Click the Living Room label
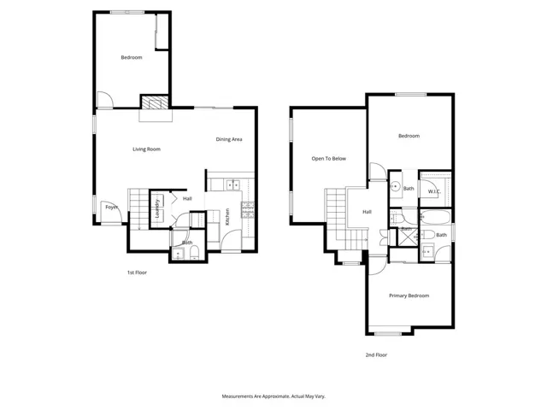[x=146, y=149]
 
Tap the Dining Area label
[x=229, y=139]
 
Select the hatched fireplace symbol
[x=155, y=103]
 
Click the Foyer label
[x=111, y=208]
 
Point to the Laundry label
[x=157, y=209]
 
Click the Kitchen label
[x=227, y=217]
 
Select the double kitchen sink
[x=229, y=184]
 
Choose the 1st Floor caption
[x=138, y=272]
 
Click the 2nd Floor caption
[x=376, y=354]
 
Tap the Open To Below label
[x=328, y=159]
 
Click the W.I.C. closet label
[x=434, y=191]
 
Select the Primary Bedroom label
[x=409, y=296]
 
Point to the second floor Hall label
[x=367, y=212]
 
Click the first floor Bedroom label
[x=131, y=57]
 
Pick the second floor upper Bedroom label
[x=409, y=136]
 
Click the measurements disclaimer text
[x=273, y=396]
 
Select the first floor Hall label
[x=187, y=199]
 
